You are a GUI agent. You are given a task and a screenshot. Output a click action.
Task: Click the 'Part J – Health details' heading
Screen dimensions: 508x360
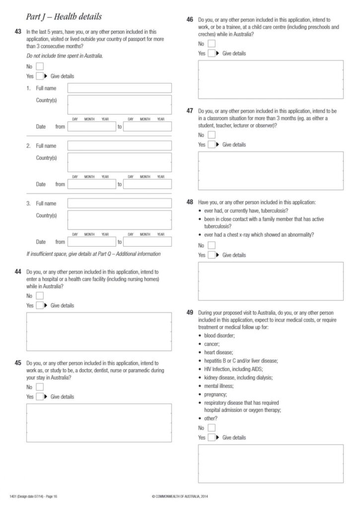pos(59,17)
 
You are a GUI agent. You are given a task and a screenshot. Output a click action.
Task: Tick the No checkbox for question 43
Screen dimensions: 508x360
pos(40,66)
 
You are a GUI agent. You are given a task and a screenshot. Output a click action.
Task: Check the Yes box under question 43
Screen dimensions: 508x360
pos(40,76)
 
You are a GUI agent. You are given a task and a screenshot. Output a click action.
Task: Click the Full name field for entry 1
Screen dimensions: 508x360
pos(120,88)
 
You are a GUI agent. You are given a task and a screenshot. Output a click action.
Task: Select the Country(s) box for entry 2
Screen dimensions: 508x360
pos(120,162)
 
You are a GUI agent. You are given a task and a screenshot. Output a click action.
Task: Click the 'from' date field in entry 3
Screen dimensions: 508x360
pos(91,242)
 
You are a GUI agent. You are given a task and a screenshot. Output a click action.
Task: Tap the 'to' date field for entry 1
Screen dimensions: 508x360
pos(147,127)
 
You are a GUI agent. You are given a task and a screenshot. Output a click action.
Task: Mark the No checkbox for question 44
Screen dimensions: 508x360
pos(40,296)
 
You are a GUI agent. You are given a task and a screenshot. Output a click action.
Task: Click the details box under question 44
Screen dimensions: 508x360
pos(99,332)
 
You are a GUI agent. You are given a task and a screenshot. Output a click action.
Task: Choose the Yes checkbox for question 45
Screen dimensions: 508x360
pos(40,397)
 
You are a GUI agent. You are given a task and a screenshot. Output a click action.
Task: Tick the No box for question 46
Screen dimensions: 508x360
pos(212,44)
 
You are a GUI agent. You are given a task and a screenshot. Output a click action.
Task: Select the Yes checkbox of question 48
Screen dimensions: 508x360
pos(212,255)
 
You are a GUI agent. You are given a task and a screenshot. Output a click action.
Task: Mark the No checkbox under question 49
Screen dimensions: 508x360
pos(212,428)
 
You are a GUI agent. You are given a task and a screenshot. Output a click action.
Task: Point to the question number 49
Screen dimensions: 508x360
pos(190,313)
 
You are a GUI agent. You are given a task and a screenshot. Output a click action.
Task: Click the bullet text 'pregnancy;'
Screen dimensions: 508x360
pos(215,394)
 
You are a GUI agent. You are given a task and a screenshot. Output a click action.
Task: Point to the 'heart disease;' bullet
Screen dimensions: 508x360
pos(218,352)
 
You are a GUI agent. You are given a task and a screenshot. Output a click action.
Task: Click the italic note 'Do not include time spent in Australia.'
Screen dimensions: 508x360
pos(65,56)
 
